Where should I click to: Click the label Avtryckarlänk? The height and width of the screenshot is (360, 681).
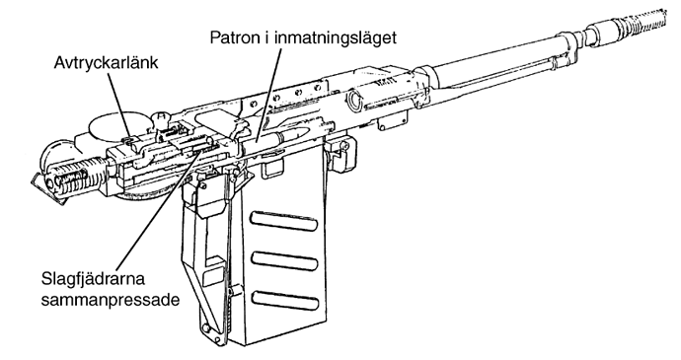106,63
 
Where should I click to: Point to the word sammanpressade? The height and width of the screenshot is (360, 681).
111,300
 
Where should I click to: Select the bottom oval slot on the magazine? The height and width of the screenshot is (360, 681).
284,300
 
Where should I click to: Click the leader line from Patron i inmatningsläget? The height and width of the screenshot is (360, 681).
269,95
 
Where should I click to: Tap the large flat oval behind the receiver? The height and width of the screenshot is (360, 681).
113,124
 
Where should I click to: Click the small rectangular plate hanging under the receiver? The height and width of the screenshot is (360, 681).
394,120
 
